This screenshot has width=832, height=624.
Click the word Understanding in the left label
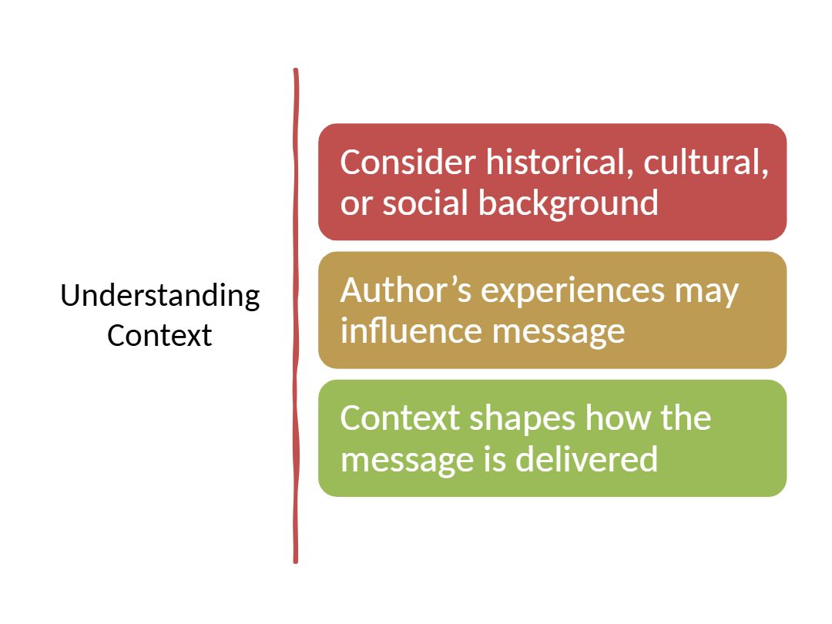(x=160, y=297)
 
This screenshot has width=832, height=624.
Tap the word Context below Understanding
(x=159, y=336)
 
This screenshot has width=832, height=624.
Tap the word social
(x=425, y=203)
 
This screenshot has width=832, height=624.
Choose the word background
(x=569, y=203)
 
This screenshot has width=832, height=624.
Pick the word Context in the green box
(x=399, y=418)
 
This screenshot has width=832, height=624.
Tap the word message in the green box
(x=398, y=461)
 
